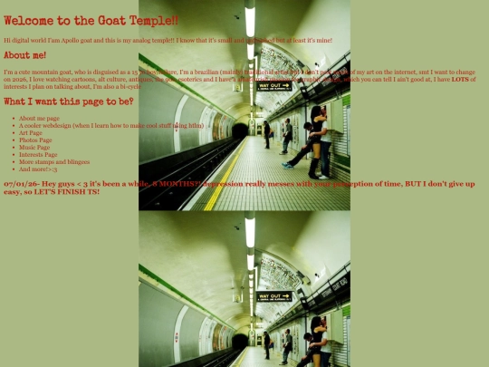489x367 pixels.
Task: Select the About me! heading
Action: (24, 55)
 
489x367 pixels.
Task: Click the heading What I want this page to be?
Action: (68, 101)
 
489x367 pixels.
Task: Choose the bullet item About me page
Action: (39, 119)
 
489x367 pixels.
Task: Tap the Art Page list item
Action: (32, 133)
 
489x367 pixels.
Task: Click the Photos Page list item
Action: (35, 140)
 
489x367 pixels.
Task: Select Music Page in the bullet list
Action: (34, 148)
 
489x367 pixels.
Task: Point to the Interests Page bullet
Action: (38, 155)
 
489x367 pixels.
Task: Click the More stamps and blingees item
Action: (53, 162)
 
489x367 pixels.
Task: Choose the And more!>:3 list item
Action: (38, 169)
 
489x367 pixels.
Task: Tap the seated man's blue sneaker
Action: (286, 164)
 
